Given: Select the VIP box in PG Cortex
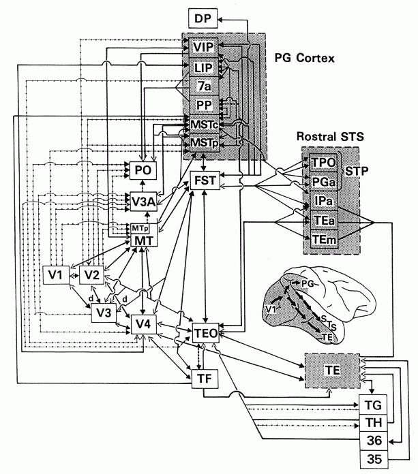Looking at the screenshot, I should click(203, 48).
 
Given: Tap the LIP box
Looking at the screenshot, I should click(203, 67).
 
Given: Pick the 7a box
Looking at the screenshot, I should click(203, 86).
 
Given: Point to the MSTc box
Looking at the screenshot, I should click(203, 125).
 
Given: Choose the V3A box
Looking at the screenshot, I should click(143, 200).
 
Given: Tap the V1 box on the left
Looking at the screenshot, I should click(55, 274).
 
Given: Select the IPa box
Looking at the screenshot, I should click(318, 202).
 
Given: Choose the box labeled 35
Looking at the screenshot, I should click(375, 457).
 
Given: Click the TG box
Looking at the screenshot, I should click(375, 404).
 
